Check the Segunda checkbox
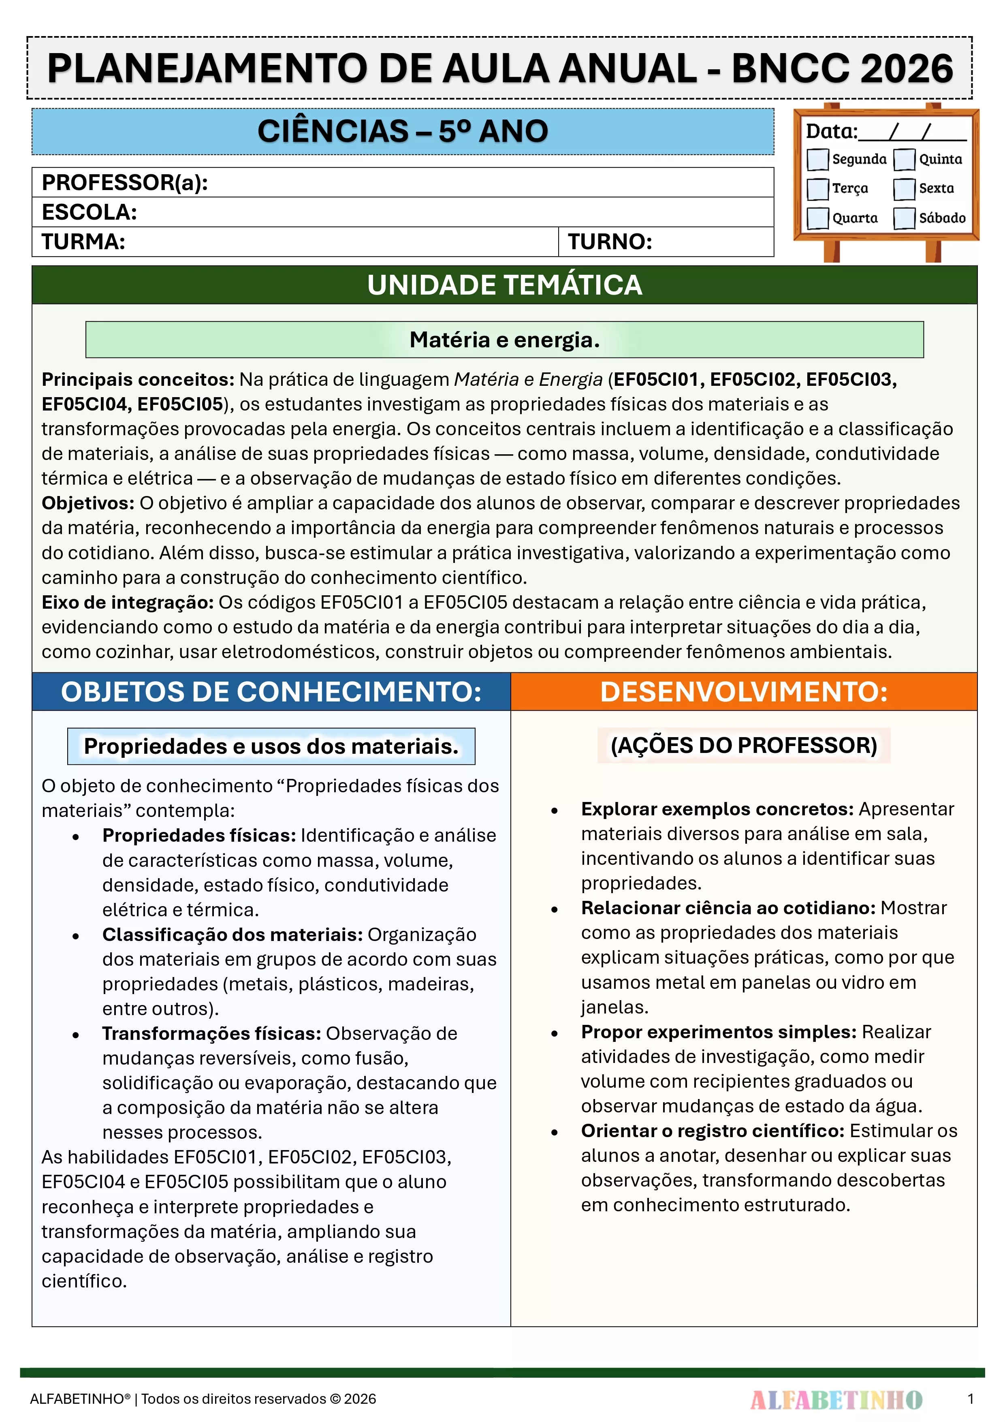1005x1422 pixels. (x=817, y=159)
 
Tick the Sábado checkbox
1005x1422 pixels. (x=904, y=218)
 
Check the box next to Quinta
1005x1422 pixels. (x=904, y=159)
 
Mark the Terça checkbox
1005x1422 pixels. (x=817, y=188)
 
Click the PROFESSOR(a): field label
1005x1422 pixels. (x=124, y=183)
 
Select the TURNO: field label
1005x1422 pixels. (x=610, y=242)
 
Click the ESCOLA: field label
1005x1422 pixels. (x=89, y=212)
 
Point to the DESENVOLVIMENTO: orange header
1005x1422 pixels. (x=744, y=692)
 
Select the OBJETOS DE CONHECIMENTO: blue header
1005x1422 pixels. (x=271, y=692)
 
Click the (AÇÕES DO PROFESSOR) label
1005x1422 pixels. (x=744, y=745)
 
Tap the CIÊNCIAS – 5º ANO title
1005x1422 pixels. (x=403, y=131)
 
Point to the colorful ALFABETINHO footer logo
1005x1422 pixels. (x=836, y=1399)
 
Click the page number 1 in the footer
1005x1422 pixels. (x=970, y=1398)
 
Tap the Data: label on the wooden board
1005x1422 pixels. (x=831, y=132)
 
